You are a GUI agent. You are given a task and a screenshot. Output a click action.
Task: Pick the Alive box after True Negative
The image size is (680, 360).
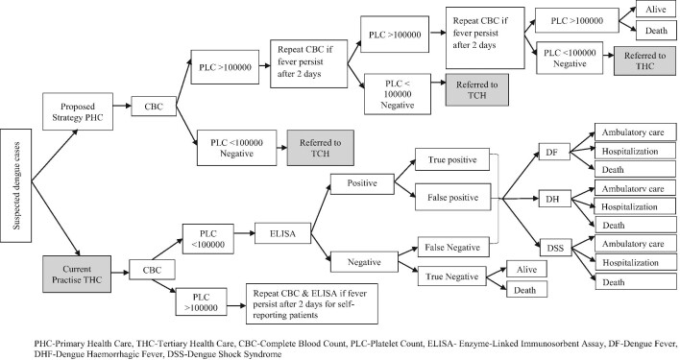coord(526,270)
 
